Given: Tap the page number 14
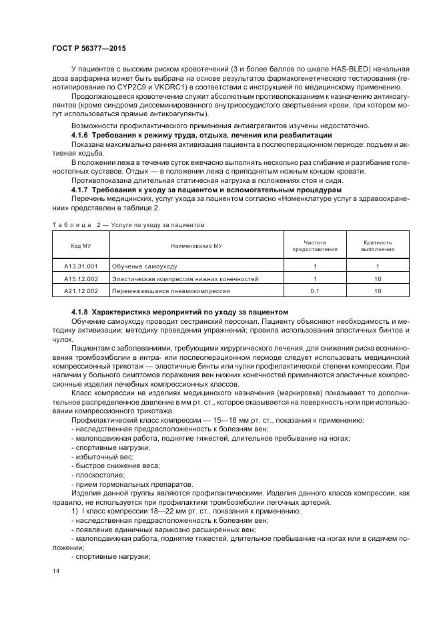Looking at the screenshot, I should (56, 571).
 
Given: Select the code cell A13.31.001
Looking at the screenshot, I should (81, 266).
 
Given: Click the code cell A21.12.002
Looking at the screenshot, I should (81, 291).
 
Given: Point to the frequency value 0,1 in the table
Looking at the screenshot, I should (314, 291).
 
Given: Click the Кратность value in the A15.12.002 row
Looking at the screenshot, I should (377, 278).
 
